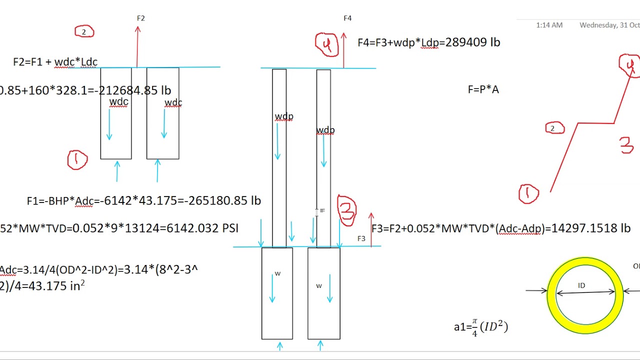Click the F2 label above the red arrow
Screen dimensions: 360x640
coord(140,18)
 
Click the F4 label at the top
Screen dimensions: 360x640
coord(347,18)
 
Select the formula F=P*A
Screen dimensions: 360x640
coord(483,89)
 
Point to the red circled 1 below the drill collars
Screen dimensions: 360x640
coord(77,160)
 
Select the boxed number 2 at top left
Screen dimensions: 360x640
coord(84,32)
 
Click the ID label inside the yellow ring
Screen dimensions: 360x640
coord(581,285)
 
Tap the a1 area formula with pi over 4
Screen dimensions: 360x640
coord(480,328)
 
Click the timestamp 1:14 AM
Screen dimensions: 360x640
coord(549,25)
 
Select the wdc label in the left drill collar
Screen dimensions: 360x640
coord(118,102)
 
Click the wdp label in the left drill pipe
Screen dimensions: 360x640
coord(283,116)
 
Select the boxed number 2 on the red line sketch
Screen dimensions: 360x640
coord(554,128)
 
